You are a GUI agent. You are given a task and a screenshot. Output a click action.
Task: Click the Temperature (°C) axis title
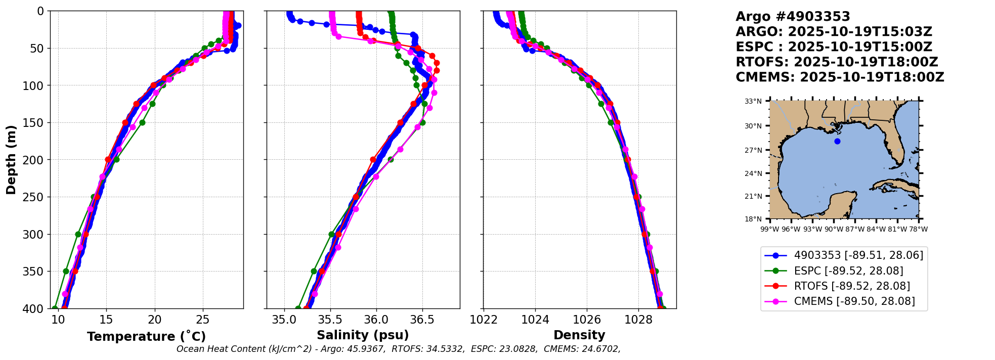146,336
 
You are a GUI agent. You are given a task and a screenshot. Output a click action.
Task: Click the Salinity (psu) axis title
363,335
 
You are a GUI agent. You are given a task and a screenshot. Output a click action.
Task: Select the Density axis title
579,335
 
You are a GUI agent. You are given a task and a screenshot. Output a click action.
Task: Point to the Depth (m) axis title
11,159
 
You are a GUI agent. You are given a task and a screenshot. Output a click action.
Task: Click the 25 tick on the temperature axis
202,320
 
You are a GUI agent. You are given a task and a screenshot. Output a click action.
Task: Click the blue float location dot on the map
837,141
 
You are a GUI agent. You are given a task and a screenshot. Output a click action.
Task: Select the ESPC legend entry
848,271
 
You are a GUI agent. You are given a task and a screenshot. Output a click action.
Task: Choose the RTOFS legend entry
852,286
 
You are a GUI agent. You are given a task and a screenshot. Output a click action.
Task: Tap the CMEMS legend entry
854,301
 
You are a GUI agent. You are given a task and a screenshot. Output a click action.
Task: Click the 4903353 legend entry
858,255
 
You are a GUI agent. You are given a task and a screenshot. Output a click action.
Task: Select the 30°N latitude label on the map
753,126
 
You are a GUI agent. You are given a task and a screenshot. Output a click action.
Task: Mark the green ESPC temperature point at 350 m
66,272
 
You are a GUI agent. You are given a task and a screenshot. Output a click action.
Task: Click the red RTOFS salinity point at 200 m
373,160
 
